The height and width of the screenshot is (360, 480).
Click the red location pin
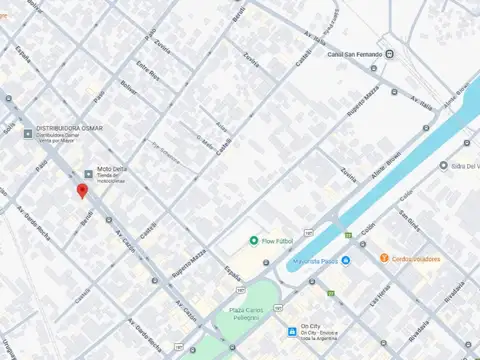point(82,191)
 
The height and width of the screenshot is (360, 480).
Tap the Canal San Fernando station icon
point(389,54)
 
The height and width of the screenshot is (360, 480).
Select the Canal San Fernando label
point(351,54)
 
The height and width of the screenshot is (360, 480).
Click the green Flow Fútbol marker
point(253,241)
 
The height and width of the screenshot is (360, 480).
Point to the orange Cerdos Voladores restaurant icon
point(383,258)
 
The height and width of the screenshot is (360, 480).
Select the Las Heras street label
point(378,295)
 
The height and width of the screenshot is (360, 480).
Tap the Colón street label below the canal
point(369,229)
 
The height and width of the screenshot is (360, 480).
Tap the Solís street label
point(10,127)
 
